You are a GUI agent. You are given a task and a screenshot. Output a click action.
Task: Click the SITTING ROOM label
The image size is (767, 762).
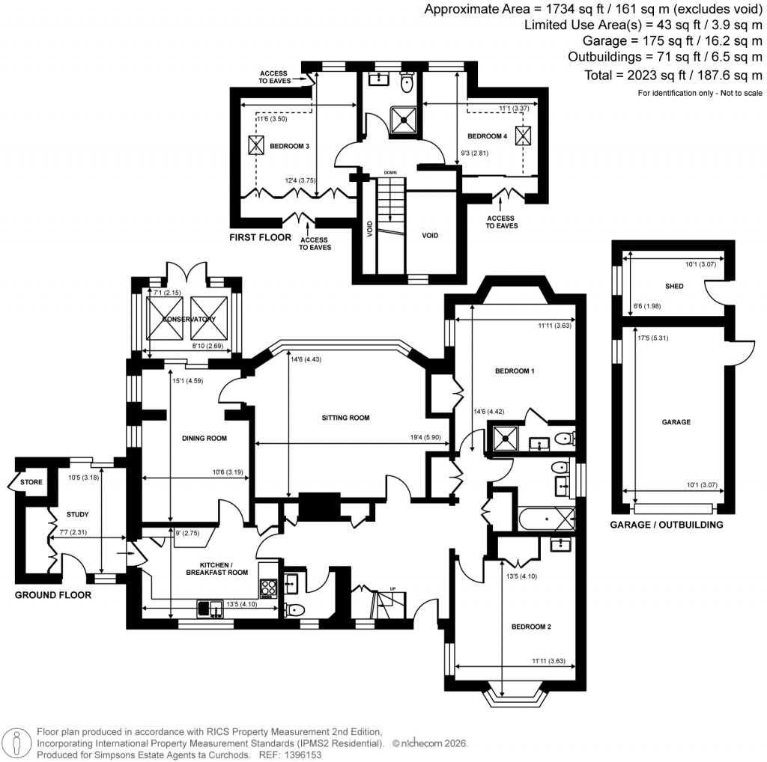tap(344, 418)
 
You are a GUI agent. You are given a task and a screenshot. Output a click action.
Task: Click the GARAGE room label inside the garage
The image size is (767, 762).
tap(676, 422)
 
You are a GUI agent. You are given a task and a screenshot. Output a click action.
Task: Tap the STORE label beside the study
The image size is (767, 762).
tap(31, 482)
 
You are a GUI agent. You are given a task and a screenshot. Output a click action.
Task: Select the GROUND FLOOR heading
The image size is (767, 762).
tap(53, 596)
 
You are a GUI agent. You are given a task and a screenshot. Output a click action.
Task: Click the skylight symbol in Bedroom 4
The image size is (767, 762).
tap(522, 135)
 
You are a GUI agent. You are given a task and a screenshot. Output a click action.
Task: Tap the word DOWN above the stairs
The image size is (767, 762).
tap(390, 172)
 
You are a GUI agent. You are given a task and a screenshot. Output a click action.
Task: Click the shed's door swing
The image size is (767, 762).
tap(713, 287)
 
